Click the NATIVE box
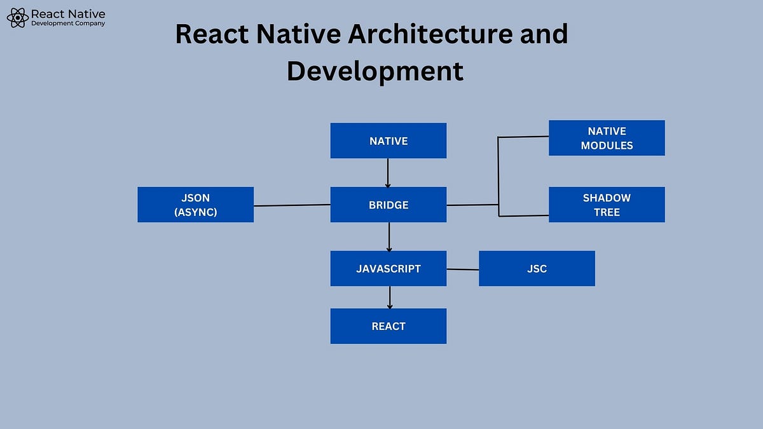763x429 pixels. (388, 140)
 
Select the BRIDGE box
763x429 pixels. (388, 205)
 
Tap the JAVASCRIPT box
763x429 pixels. (388, 268)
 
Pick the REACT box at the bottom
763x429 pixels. (388, 326)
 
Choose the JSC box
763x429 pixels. (537, 268)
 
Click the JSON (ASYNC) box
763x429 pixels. (195, 205)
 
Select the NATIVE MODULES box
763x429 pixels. (607, 138)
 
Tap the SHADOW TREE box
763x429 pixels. (607, 205)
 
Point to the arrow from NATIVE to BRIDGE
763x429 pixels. (388, 173)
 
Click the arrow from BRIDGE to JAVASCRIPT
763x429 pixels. (388, 236)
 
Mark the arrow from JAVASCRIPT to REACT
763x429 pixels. (389, 297)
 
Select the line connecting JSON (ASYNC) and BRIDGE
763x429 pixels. (292, 205)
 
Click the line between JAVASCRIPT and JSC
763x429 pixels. (462, 269)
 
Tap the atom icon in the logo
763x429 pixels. (18, 18)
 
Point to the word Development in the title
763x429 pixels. (375, 71)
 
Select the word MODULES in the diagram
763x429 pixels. (607, 146)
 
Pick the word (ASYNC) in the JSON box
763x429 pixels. (195, 212)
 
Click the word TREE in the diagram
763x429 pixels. (607, 212)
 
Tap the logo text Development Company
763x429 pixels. (68, 24)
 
